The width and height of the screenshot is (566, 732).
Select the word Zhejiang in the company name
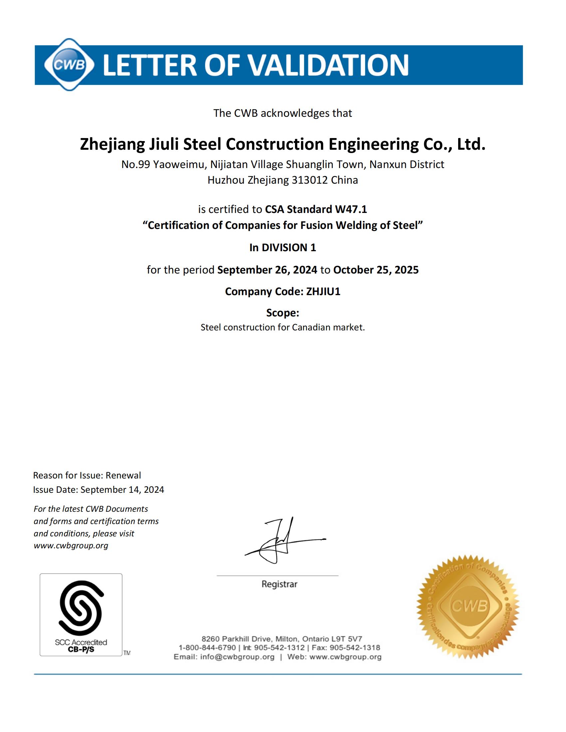[112, 144]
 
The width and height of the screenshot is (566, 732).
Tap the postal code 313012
[310, 180]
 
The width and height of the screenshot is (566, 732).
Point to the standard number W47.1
[351, 210]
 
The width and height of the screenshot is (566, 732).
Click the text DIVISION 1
[289, 248]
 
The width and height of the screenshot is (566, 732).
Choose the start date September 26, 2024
[267, 270]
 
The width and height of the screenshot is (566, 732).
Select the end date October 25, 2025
[376, 270]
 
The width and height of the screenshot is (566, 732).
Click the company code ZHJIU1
[323, 291]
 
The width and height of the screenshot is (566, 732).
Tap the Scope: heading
[283, 313]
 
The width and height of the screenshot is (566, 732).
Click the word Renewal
[124, 475]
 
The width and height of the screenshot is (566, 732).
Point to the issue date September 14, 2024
[123, 490]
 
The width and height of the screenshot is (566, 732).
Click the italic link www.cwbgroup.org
[71, 545]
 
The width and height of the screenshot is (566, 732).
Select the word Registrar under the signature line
[279, 584]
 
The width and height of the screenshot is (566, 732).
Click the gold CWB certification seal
[468, 607]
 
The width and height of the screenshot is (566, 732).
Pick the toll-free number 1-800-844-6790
[207, 647]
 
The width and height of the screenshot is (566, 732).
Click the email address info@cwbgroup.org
[237, 657]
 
